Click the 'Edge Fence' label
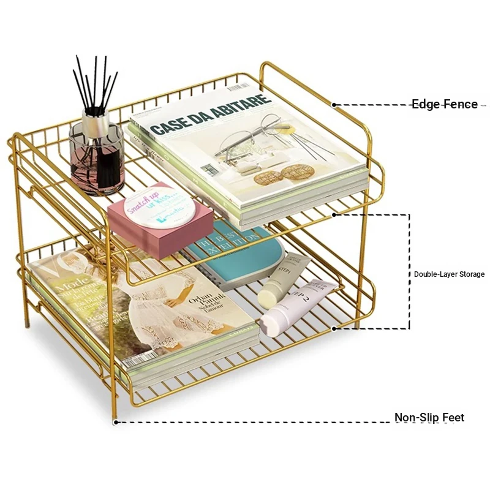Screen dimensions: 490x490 (444, 104)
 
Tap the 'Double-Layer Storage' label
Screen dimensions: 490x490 (449, 274)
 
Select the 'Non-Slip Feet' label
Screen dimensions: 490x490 (429, 418)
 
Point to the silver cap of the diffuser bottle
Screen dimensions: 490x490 (96, 124)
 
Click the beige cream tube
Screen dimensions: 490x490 (284, 281)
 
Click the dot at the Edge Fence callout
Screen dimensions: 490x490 (334, 105)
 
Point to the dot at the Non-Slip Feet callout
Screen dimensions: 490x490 (115, 421)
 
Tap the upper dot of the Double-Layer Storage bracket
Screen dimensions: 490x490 (334, 214)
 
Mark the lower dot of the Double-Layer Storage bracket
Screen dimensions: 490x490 (334, 329)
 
